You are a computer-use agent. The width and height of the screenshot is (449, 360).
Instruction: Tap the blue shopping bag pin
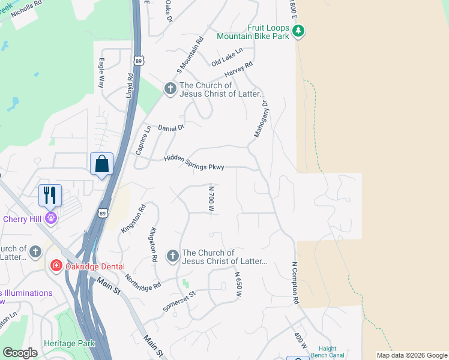coord(101,163)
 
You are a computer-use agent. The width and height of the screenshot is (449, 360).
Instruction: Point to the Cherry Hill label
coord(23,218)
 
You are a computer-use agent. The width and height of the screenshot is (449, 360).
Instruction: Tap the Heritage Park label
coord(69,343)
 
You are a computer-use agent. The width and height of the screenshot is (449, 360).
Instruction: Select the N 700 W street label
coord(211,199)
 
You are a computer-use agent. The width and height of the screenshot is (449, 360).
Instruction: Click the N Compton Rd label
coord(295,282)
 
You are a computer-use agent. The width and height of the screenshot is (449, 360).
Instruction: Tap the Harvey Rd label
coord(238,69)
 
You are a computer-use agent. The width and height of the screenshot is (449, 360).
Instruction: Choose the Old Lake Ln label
coord(226,58)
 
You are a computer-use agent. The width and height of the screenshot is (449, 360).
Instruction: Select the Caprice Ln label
coord(143,140)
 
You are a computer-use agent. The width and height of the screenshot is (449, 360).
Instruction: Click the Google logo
coord(20,353)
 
